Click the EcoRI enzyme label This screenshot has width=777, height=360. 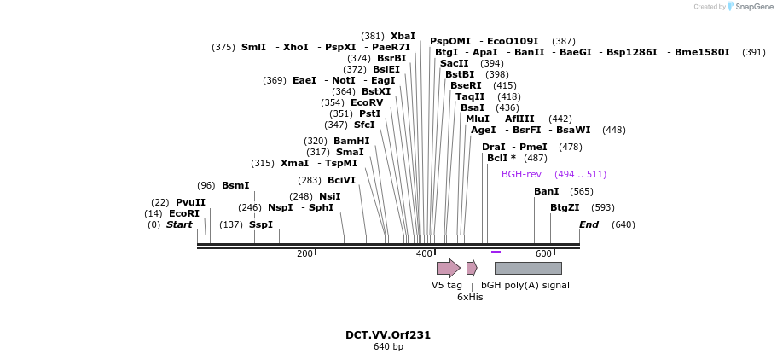[184, 214]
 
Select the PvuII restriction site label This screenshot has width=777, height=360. [190, 203]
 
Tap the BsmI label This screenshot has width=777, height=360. [235, 185]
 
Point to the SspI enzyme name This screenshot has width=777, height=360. [261, 224]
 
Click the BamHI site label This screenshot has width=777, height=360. [351, 142]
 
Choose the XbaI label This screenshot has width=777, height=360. [403, 36]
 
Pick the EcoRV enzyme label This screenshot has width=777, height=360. [367, 102]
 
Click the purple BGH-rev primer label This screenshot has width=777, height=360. [521, 175]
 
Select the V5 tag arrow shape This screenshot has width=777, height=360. [449, 268]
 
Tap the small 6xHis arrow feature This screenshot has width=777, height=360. [473, 268]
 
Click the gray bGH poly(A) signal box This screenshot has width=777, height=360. [528, 268]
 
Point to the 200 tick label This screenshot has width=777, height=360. [304, 254]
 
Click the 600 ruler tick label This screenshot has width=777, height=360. [543, 254]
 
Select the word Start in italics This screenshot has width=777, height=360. [179, 224]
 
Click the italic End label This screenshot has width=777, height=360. [589, 224]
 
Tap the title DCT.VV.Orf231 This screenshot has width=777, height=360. [388, 335]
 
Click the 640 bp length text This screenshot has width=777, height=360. [388, 346]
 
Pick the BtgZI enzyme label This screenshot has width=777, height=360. [565, 208]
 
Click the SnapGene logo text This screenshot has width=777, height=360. [754, 7]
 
